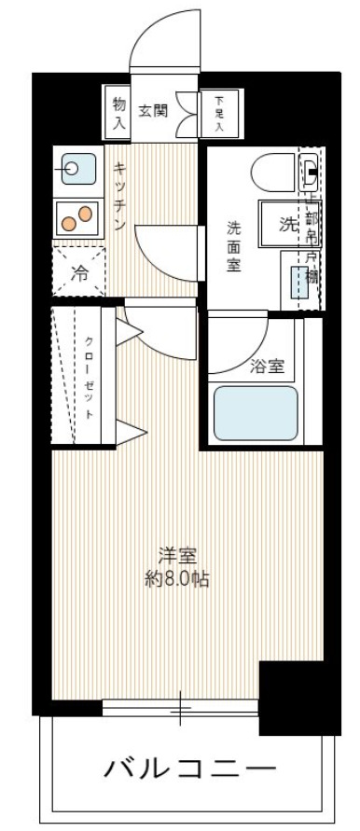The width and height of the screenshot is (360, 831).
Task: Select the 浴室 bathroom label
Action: pyautogui.click(x=267, y=367)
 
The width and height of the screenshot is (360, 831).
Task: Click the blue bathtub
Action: pyautogui.click(x=256, y=413)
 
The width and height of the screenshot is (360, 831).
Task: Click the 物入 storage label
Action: pyautogui.click(x=118, y=109)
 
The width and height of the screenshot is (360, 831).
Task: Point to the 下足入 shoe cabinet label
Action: pyautogui.click(x=219, y=111)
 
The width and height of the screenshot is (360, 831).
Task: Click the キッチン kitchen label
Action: pyautogui.click(x=120, y=196)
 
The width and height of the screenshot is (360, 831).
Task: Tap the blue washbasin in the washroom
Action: pyautogui.click(x=300, y=280)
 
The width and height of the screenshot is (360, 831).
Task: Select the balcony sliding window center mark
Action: pyautogui.click(x=181, y=710)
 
